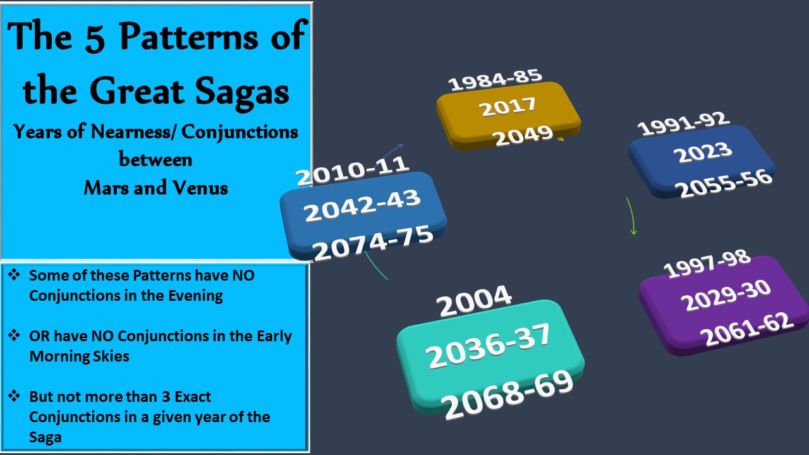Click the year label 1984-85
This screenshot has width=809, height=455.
point(495,80)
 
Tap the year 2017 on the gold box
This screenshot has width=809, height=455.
point(508,107)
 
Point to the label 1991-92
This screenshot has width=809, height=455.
point(684,123)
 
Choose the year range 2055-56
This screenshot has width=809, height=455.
point(724,183)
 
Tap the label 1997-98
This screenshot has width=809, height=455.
point(707,264)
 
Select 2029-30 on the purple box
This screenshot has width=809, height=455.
point(726,296)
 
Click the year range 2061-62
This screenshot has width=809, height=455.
point(747,329)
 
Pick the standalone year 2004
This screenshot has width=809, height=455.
point(473,301)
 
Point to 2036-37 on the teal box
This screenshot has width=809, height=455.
point(487,346)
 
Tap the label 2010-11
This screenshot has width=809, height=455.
point(353,171)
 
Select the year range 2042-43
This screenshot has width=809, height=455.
point(362,205)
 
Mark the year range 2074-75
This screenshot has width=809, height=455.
point(372,243)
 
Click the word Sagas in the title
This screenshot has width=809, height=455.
point(242,92)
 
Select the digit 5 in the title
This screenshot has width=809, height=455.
point(95,37)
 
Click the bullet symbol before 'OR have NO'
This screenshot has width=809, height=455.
point(14,335)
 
